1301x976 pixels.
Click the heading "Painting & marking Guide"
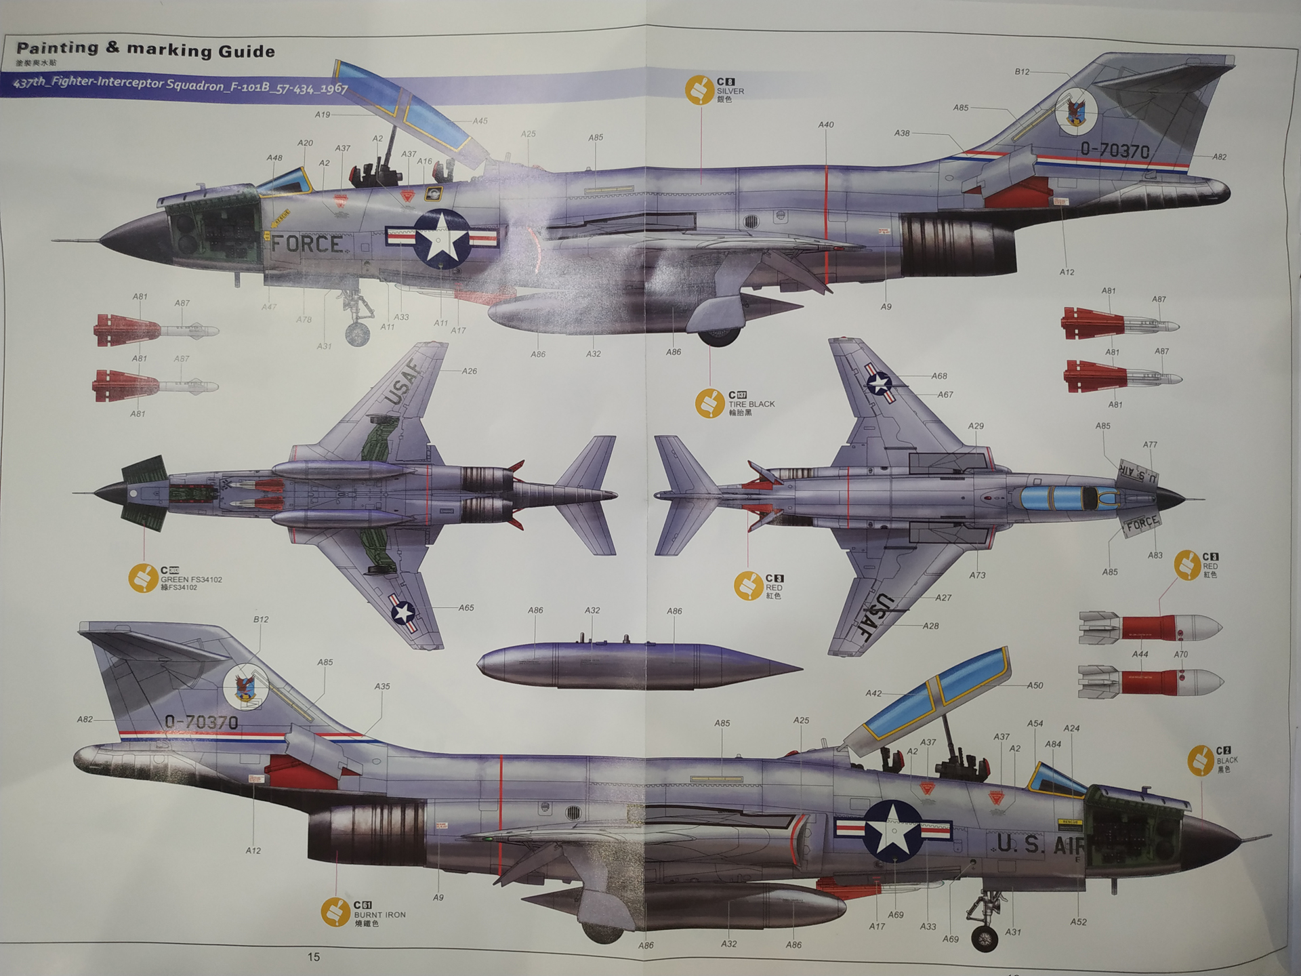pos(146,49)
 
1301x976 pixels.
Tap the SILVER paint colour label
pos(730,91)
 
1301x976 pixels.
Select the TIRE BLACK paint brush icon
pos(709,403)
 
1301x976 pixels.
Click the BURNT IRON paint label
pos(379,914)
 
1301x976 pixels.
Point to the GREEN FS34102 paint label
pos(190,579)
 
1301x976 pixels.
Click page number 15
pos(313,957)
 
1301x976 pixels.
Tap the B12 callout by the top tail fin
pos(1022,72)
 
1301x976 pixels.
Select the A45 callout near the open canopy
pos(480,121)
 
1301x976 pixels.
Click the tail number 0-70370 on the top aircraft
pos(1115,150)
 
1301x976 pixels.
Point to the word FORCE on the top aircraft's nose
pos(306,244)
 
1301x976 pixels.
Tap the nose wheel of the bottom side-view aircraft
pos(985,939)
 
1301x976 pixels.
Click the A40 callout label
pos(825,125)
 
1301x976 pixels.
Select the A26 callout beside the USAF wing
pos(470,371)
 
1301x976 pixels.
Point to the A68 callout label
pos(939,376)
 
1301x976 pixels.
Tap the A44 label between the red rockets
pos(1140,655)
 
